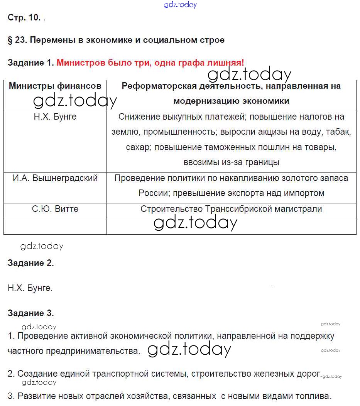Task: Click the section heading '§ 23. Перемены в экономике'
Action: coord(116,40)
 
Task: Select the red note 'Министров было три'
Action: coord(150,63)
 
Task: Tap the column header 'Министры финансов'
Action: coord(55,86)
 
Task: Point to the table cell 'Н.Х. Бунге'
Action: coord(55,117)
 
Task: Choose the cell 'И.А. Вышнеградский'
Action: coord(55,178)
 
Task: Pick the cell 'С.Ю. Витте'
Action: coord(55,209)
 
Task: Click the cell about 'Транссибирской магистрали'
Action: coord(231,209)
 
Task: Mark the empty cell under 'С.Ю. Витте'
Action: coord(55,227)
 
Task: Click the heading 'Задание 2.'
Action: coord(30,263)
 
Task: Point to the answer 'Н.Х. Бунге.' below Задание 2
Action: coord(30,288)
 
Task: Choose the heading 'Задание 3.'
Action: coord(30,313)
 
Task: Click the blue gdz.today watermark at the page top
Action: coord(180,5)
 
